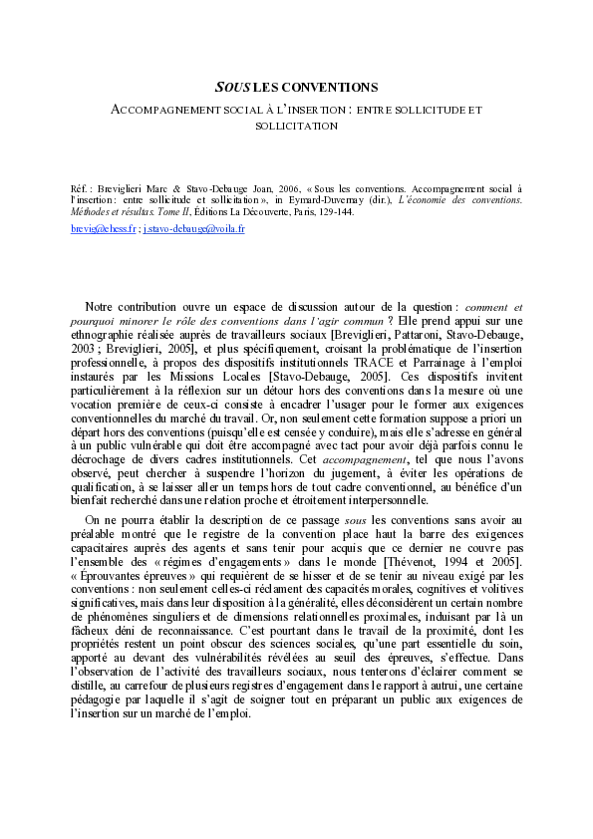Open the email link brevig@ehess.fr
tap(104, 228)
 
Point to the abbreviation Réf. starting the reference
tap(80, 187)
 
